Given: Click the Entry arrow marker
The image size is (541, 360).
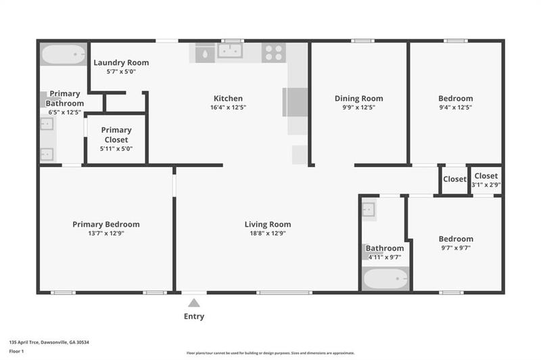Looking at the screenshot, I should point(194,303).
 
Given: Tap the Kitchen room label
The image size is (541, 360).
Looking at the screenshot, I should point(228,98).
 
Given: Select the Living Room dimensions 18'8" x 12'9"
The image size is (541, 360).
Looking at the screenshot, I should point(267,233).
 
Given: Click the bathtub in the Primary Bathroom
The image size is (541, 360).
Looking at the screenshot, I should point(63,54).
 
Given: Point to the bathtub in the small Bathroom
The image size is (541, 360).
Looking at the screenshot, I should point(385,278).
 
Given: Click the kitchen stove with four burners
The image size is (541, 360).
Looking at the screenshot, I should point(273,52).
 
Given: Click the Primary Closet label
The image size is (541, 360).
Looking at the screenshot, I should point(116,135).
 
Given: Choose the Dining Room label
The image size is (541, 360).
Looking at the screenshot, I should point(358,98).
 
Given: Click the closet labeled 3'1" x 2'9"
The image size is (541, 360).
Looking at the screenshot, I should point(486,181).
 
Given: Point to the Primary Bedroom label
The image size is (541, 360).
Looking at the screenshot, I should point(106,225).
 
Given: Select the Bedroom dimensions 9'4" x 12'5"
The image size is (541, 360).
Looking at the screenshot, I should point(455,107).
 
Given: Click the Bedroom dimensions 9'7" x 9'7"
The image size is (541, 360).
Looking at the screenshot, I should point(455,248).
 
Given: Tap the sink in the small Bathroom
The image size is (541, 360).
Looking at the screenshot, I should point(369,210).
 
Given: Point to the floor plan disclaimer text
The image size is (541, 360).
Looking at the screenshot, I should point(270,353).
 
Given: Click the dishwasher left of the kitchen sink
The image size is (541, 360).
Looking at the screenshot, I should point(205,53).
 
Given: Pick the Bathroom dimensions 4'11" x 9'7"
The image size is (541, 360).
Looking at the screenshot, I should point(385,257).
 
